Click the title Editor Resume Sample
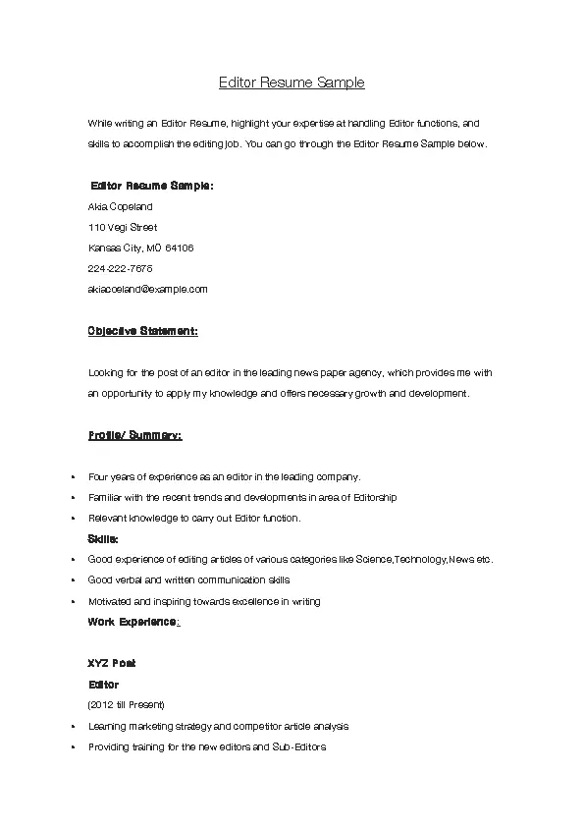pos(292,83)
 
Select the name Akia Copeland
pos(120,207)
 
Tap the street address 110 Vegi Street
pos(123,228)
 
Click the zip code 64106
pos(180,248)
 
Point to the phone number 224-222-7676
pos(120,268)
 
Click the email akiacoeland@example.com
pos(147,290)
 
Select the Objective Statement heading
pos(142,331)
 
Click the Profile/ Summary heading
pos(134,435)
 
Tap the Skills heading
pos(103,539)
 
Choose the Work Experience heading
pos(133,622)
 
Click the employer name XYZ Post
pos(112,664)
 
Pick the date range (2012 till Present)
pos(126,705)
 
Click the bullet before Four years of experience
pos(74,477)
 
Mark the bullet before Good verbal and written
pos(74,580)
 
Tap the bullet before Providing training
pos(74,747)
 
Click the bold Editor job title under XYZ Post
pos(103,685)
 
